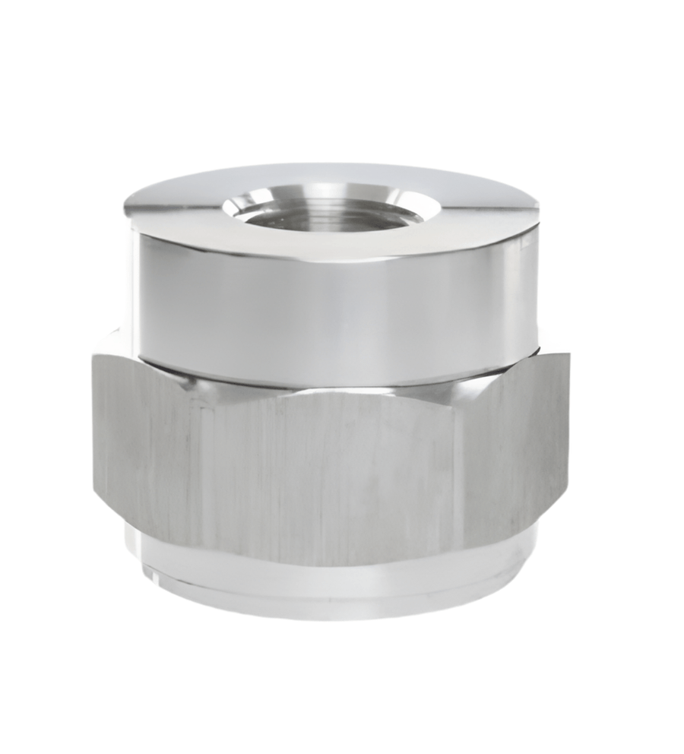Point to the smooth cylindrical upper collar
tap(334, 304)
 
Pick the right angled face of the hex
tap(517, 456)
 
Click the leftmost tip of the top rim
tap(125, 207)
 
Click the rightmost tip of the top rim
tap(538, 209)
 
